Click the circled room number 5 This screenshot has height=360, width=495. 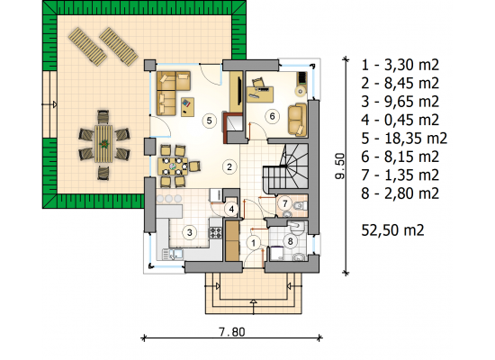coord(209,121)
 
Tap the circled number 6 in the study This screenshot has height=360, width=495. coord(272,116)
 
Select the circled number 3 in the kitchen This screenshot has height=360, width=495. coord(189,233)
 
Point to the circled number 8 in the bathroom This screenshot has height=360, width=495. coord(290,241)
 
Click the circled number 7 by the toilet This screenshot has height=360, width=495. coord(285,203)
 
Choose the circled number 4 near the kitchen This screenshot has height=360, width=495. coord(231,209)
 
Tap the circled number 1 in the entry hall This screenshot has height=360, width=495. coord(253,243)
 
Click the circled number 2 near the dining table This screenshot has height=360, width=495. coord(229,166)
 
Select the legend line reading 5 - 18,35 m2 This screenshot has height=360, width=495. coord(404,139)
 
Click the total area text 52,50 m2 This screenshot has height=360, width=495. coord(392,230)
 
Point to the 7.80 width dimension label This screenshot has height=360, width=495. coord(232,331)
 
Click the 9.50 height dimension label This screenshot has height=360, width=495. coord(339,166)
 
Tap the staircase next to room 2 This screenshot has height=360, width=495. coord(285,168)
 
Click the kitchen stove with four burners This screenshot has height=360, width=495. coord(215,233)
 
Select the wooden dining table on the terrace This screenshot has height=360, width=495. coord(103,144)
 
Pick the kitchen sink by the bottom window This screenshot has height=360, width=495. coord(173,255)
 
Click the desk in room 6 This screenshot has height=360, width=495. coord(260,94)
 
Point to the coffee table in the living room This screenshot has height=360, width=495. coord(187,107)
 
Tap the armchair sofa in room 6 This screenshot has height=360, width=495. coord(297,120)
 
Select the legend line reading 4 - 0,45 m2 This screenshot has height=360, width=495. coord(400,120)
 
